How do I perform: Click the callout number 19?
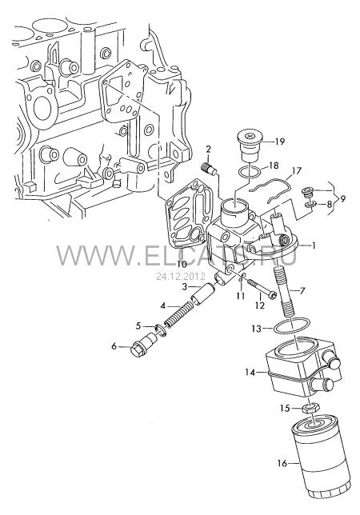[279, 142]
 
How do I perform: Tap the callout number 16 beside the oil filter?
[282, 463]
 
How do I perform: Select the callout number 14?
[250, 373]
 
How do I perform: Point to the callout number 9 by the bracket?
[343, 198]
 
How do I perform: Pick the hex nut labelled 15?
[310, 409]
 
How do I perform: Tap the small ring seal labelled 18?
[250, 171]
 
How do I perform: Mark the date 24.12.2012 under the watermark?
[180, 276]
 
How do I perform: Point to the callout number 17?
[296, 171]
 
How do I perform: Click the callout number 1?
[313, 246]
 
